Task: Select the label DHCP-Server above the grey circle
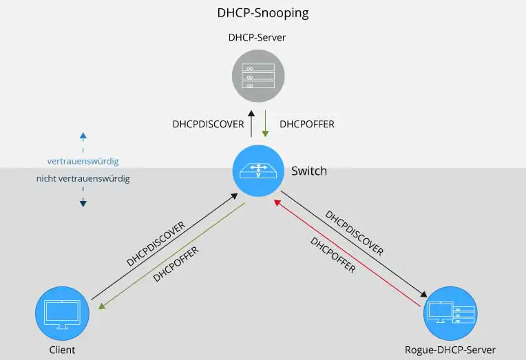point(257,38)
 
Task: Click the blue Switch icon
point(257,169)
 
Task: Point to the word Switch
point(309,170)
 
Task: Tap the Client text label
point(62,350)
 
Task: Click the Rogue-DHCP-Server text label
point(450,350)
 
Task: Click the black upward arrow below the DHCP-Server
point(251,124)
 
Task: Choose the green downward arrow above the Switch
point(266,124)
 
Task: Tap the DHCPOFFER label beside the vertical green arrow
point(307,125)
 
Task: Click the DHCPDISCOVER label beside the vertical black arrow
point(208,125)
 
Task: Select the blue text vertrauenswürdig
point(83,161)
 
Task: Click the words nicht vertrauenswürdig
point(83,179)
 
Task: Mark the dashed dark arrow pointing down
point(83,197)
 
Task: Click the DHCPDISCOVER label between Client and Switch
point(156,244)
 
